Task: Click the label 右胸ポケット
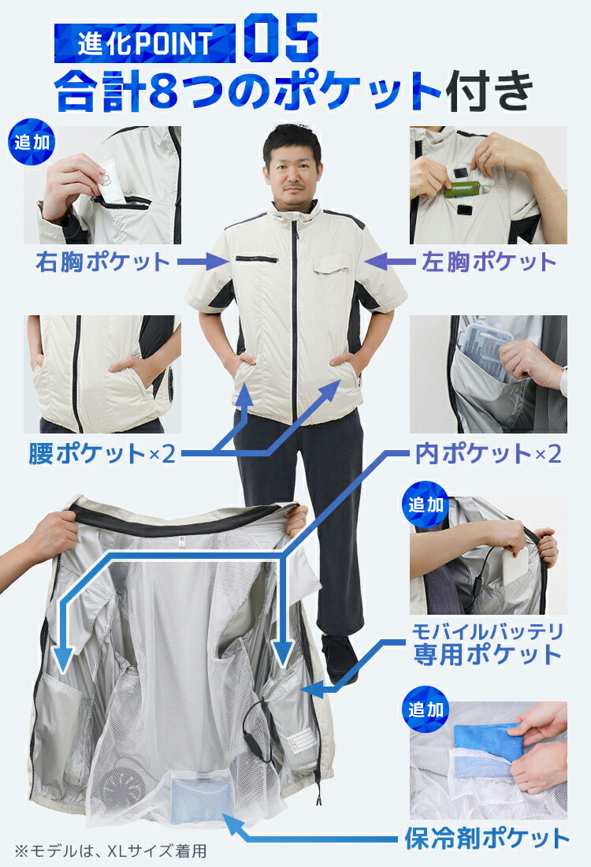click(x=102, y=262)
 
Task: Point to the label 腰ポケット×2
click(x=101, y=454)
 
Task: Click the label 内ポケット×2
click(x=488, y=454)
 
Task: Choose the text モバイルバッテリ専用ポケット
click(x=488, y=642)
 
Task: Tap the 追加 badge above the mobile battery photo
click(x=426, y=505)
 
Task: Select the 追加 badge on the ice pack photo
click(x=426, y=709)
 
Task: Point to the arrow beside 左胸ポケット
click(x=385, y=258)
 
